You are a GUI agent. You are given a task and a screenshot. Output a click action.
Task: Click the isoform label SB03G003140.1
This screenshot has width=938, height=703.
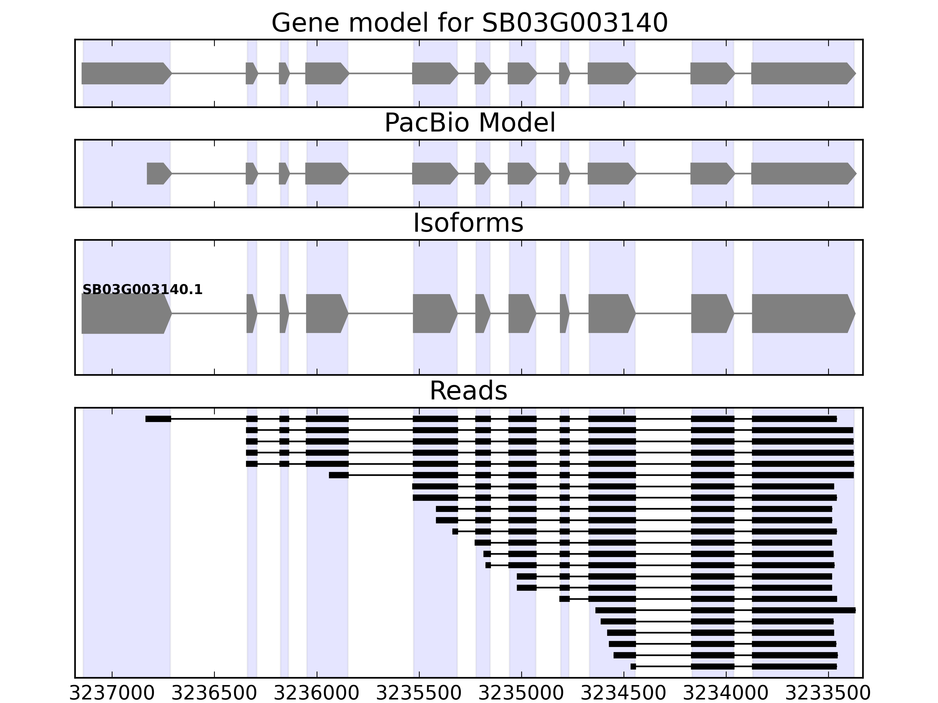click(x=142, y=290)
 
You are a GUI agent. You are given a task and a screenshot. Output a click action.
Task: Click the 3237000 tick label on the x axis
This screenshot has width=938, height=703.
click(x=112, y=694)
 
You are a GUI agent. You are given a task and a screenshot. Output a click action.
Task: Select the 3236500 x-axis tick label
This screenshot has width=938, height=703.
click(x=215, y=694)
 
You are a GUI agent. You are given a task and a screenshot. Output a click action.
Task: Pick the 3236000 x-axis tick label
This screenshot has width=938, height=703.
click(x=317, y=694)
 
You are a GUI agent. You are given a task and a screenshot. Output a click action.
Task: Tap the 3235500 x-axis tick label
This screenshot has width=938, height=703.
click(x=419, y=694)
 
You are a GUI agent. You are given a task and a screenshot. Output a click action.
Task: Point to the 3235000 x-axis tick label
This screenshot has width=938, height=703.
click(x=521, y=694)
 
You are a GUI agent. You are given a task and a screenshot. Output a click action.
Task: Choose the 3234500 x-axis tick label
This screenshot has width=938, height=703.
click(x=623, y=694)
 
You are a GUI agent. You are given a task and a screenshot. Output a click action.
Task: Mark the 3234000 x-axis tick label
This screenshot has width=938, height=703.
click(x=726, y=694)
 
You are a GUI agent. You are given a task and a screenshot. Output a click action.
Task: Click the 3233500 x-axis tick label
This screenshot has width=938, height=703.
click(x=828, y=694)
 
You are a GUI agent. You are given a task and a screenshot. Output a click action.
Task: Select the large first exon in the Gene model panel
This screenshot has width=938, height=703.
click(x=125, y=73)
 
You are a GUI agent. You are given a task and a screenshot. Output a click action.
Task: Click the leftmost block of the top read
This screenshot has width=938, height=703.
click(x=158, y=419)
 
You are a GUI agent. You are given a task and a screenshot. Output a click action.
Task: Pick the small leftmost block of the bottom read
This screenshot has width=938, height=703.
click(x=633, y=667)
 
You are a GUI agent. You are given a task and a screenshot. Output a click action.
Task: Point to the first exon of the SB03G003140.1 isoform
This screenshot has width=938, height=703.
click(x=125, y=314)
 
